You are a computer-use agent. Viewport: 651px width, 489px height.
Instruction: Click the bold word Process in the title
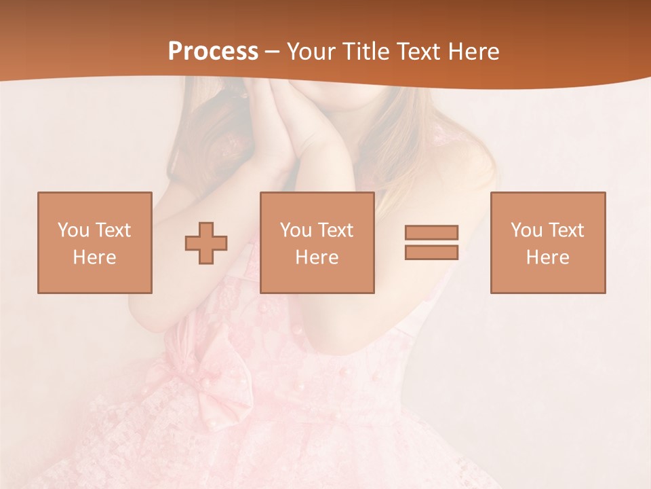coord(213,52)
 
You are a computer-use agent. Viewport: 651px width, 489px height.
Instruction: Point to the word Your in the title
coord(309,52)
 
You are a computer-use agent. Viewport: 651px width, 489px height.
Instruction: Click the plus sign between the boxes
coord(206,243)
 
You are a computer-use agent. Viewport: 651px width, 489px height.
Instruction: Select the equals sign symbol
coord(431,242)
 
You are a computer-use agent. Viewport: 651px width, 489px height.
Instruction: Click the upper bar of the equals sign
coord(431,233)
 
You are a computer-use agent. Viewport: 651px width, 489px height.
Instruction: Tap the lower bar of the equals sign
coord(431,252)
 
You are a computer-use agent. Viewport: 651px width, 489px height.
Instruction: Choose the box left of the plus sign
coord(94,242)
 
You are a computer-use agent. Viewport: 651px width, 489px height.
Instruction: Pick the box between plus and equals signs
coord(317,242)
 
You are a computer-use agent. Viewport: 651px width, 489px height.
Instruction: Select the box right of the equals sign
coord(547,242)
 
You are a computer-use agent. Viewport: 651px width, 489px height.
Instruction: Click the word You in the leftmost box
coord(73,230)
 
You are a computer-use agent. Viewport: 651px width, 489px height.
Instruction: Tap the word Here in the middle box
coord(317,257)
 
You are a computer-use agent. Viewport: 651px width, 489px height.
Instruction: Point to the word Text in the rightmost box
coord(566,230)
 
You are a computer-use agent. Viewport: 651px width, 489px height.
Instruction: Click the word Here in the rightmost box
coord(547,257)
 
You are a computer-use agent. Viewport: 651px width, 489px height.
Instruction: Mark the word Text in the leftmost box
coord(113,230)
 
